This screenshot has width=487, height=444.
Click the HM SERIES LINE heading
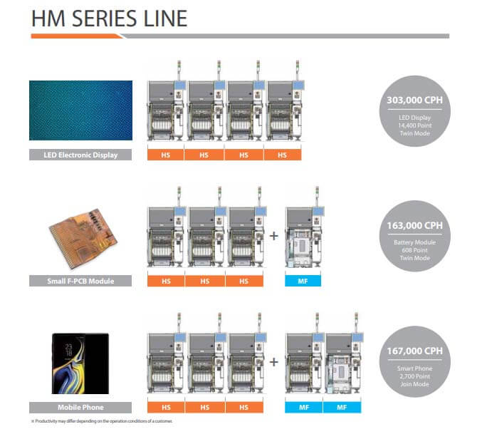[x=110, y=19]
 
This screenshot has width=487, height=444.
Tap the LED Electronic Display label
[x=80, y=155]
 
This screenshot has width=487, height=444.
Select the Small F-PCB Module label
[x=80, y=281]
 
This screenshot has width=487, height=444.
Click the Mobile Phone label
[x=80, y=408]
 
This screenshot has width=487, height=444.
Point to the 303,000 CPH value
[x=414, y=100]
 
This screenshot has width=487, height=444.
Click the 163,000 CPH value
[x=414, y=225]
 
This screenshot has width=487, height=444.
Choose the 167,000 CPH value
[x=414, y=351]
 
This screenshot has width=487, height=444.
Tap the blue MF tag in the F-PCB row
[x=303, y=281]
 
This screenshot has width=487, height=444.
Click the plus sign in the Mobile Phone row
[x=273, y=362]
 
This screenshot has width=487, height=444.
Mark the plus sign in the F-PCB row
[x=273, y=236]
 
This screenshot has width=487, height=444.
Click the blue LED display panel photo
[x=80, y=110]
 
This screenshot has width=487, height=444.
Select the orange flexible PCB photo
[x=83, y=238]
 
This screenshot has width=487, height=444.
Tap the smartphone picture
[x=80, y=363]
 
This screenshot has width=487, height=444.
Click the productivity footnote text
[x=102, y=421]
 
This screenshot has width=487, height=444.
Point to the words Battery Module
[x=414, y=242]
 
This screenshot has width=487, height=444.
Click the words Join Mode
[x=414, y=384]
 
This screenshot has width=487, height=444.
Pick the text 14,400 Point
[x=414, y=125]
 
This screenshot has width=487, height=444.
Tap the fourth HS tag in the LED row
[x=283, y=155]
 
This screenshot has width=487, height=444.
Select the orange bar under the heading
[x=77, y=36]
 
